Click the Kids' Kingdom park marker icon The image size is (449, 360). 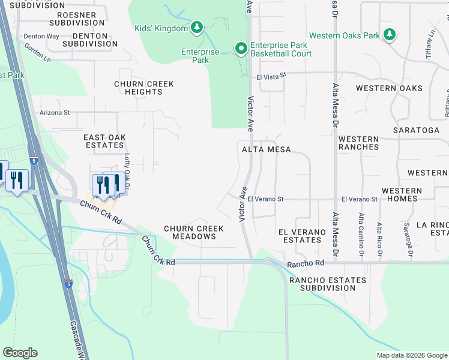pyautogui.click(x=196, y=27)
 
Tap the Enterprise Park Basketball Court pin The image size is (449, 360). pyautogui.click(x=241, y=49)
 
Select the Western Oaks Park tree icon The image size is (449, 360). pyautogui.click(x=390, y=35)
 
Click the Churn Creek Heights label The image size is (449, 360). pyautogui.click(x=143, y=88)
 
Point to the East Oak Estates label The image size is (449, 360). pyautogui.click(x=104, y=141)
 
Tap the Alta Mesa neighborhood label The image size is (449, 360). pyautogui.click(x=266, y=149)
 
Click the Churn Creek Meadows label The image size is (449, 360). pyautogui.click(x=194, y=232)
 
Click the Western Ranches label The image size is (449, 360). pyautogui.click(x=358, y=143)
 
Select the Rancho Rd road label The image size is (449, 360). pyautogui.click(x=305, y=263)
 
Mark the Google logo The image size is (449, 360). pyautogui.click(x=20, y=353)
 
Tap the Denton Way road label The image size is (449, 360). pyautogui.click(x=41, y=36)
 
